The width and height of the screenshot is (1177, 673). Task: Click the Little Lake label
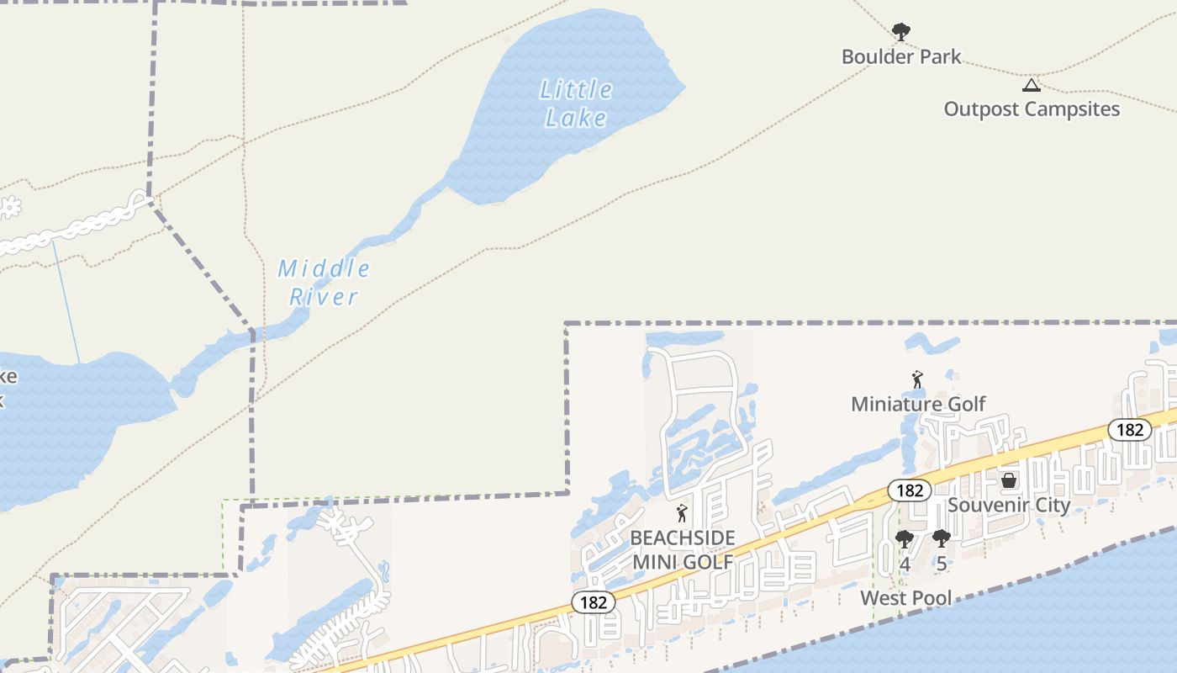pos(576,103)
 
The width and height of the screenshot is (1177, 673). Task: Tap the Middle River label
pos(324,283)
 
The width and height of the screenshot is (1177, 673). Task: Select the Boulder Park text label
pos(901,57)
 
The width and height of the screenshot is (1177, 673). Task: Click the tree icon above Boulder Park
pos(901,33)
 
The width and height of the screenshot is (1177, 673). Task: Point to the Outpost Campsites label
pos(1032,109)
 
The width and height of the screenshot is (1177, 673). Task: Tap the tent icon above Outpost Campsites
pos(1032,84)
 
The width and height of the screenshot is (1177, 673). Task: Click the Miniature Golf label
pos(918,404)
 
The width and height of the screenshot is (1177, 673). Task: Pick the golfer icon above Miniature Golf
pos(917,380)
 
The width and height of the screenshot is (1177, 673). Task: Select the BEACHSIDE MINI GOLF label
pos(683,549)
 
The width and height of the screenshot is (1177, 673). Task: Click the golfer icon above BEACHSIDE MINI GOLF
pos(682,513)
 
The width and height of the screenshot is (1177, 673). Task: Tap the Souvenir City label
pos(1009,505)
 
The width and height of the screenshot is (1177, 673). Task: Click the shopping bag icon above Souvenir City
pos(1009,480)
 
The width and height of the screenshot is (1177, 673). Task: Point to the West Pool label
pos(906,598)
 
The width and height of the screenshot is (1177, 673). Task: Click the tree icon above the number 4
pos(905,539)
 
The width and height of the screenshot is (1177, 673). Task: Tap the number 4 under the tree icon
pos(905,564)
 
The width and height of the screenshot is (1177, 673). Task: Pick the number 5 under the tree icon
pos(942,564)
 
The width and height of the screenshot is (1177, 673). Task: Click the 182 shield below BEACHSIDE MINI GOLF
pos(594,602)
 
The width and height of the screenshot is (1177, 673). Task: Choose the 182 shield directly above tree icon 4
pos(909,490)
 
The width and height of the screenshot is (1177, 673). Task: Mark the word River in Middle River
pos(324,297)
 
